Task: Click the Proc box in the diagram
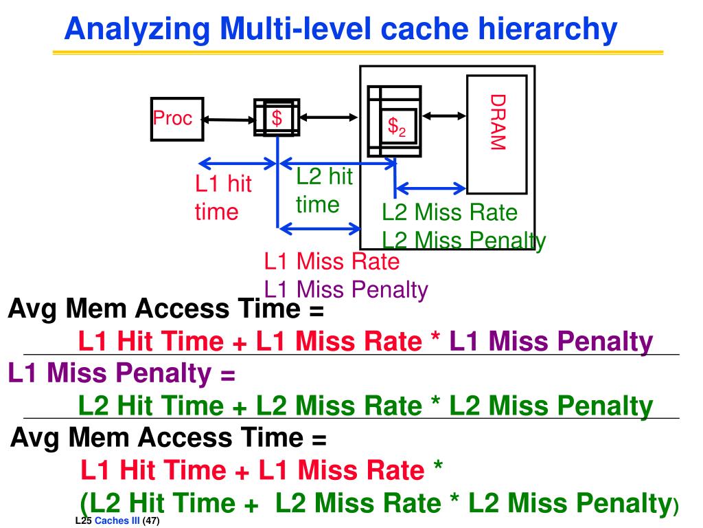click(x=176, y=119)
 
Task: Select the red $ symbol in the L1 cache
click(x=277, y=118)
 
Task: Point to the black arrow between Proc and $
click(x=229, y=120)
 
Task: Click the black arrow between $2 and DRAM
click(x=444, y=116)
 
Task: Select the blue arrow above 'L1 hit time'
click(x=237, y=164)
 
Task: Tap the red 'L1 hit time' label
click(x=223, y=197)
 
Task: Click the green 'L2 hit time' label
click(x=323, y=190)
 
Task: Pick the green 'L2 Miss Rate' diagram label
click(x=450, y=212)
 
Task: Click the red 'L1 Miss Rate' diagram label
click(x=332, y=261)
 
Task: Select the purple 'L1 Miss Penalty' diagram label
click(x=346, y=289)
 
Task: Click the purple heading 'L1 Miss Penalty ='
click(x=122, y=373)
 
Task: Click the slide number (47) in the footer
click(x=151, y=521)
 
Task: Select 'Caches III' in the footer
click(x=117, y=521)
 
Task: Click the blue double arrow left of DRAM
click(x=431, y=187)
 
